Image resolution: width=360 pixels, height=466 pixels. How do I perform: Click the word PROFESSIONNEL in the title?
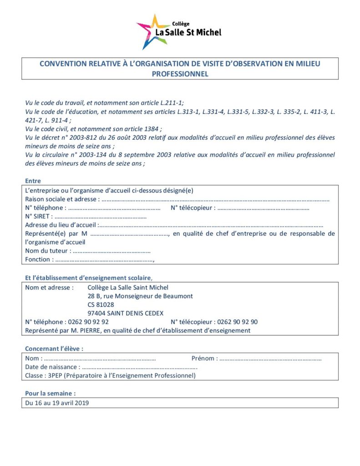[x=180, y=74]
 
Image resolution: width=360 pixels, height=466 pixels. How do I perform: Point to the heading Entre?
[x=33, y=181]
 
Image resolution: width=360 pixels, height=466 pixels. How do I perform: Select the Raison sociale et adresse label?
[x=61, y=199]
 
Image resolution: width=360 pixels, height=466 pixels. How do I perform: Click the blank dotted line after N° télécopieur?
[x=264, y=208]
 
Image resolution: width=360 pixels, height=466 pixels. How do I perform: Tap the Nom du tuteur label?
[x=47, y=251]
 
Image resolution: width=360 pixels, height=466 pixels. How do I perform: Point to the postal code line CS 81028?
[x=101, y=304]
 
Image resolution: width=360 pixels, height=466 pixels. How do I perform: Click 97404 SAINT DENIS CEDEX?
[x=126, y=313]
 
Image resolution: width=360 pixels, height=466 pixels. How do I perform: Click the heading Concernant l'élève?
[x=54, y=349]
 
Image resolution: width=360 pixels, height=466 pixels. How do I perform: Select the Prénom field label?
[x=204, y=358]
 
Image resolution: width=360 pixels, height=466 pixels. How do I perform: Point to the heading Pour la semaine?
[x=50, y=393]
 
